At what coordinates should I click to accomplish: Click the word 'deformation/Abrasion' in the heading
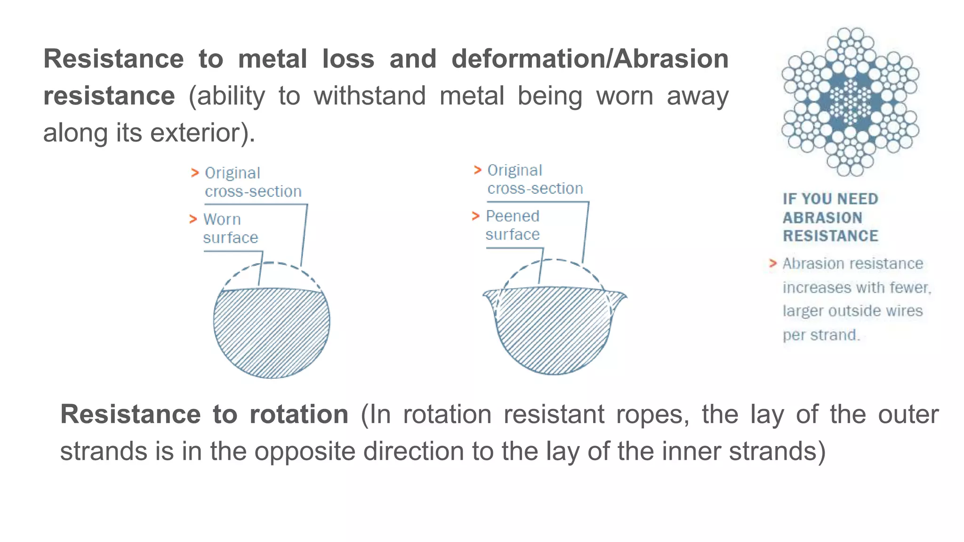[x=590, y=59]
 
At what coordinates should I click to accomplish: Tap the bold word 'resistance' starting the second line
[x=109, y=96]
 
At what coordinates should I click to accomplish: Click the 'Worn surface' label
[x=230, y=229]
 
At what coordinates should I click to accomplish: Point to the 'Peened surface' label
[x=513, y=225]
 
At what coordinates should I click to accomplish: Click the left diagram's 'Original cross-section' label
[x=253, y=182]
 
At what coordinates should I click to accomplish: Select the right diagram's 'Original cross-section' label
[x=535, y=179]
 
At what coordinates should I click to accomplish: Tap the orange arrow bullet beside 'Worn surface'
[x=193, y=219]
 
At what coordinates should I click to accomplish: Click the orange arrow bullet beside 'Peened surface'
[x=475, y=216]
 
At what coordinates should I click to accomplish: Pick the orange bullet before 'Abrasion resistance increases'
[x=772, y=263]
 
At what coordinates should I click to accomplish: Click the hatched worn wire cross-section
[x=272, y=332]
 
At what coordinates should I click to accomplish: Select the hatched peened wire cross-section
[x=554, y=329]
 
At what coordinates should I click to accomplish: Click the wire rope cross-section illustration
[x=850, y=101]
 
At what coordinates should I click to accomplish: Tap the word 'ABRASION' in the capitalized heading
[x=822, y=218]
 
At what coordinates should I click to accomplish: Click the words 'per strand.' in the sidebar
[x=821, y=335]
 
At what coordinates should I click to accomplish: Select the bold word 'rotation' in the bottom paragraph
[x=299, y=414]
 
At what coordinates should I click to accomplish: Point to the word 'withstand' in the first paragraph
[x=370, y=96]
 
